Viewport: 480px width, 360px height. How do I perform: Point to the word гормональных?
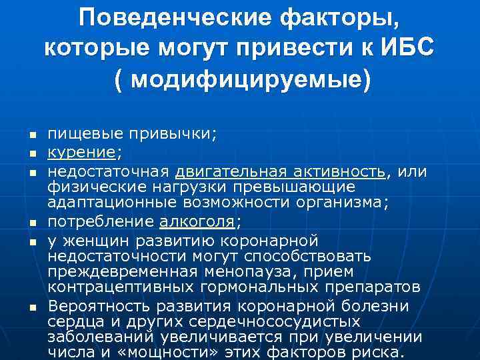click(x=274, y=288)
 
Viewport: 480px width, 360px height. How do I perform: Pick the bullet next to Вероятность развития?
click(x=31, y=307)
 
